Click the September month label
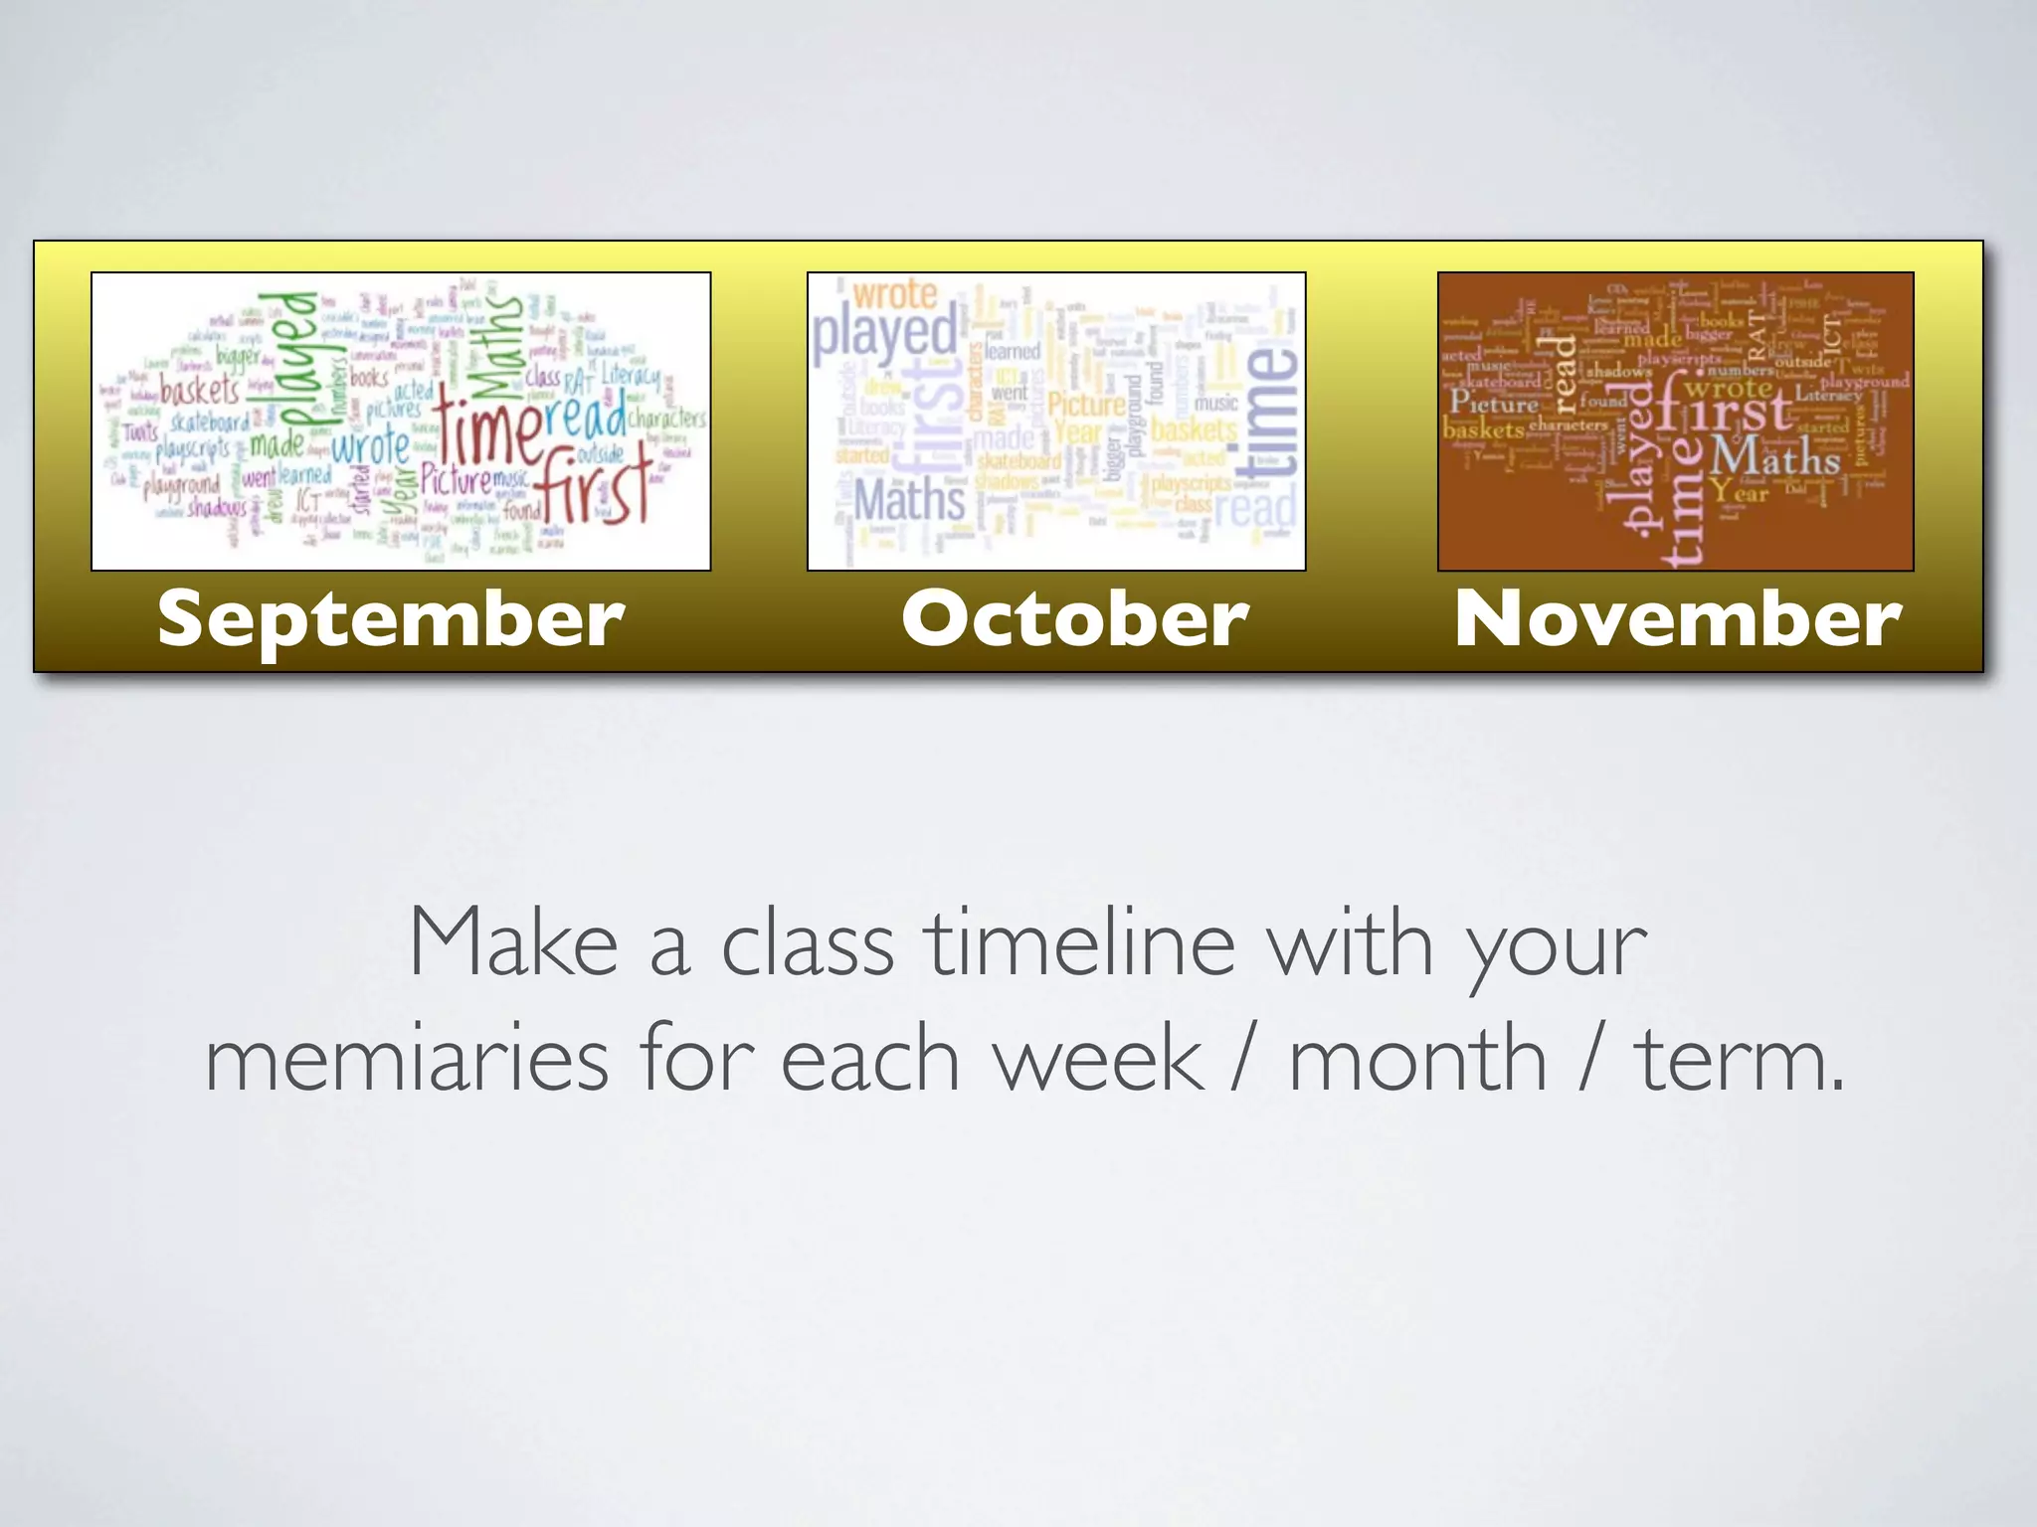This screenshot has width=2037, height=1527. tap(391, 618)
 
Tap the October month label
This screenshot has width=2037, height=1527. tap(1074, 618)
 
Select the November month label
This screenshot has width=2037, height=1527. tap(1677, 618)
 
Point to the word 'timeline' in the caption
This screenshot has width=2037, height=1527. tap(1079, 944)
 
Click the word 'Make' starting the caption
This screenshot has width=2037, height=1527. tap(513, 944)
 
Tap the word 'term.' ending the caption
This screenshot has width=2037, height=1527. tap(1740, 1060)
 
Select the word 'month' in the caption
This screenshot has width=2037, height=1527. tap(1417, 1060)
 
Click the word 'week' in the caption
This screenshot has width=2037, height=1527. tap(1098, 1060)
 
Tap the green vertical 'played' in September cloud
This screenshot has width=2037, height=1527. tap(288, 358)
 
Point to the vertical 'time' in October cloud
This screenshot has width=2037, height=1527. tap(1269, 413)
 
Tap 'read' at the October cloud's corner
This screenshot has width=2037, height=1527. tap(1255, 508)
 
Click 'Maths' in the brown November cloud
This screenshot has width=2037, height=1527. tap(1775, 458)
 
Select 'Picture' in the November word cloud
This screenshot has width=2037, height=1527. tap(1494, 403)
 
